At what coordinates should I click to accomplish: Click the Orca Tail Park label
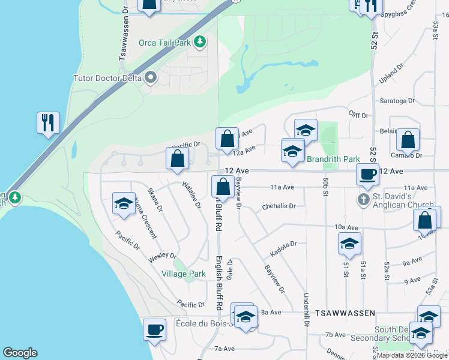pos(164,43)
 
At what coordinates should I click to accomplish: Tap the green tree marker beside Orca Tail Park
pos(200,43)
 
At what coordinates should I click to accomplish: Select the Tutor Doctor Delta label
pos(107,78)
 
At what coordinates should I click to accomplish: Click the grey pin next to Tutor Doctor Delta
pos(151,77)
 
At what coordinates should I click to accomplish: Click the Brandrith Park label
pos(333,159)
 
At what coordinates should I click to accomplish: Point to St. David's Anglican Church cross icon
pos(363,199)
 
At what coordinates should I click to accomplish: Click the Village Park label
pos(184,274)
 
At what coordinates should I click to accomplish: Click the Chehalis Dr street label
pos(279,206)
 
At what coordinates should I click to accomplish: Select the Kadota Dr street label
pos(284,244)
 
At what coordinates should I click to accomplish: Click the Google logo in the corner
pos(20,353)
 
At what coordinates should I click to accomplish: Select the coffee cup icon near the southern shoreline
pos(154,329)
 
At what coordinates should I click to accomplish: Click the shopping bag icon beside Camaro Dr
pos(408,140)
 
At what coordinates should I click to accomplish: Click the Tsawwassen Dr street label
pos(124,35)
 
